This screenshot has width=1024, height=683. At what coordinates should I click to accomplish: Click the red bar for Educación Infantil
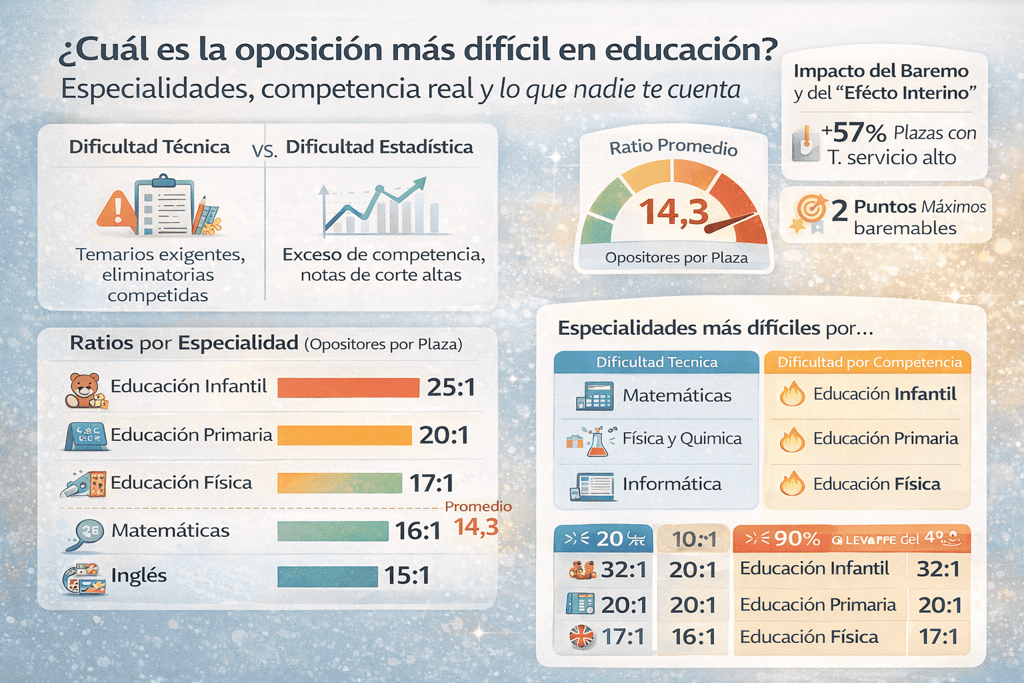pos(347,388)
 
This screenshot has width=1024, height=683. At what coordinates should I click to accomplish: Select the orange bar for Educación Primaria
pos(344,436)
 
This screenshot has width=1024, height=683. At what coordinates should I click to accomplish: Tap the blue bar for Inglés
pos(327,576)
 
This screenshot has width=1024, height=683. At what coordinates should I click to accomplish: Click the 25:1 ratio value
pos(451,388)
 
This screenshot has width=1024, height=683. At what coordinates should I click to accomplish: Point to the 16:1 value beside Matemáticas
pos(417,531)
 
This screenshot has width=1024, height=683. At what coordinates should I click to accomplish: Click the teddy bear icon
pos(85,390)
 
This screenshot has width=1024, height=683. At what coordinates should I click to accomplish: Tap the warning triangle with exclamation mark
pos(117,208)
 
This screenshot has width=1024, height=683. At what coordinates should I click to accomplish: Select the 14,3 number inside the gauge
pos(673,212)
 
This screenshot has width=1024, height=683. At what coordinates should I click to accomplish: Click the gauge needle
pos(730,223)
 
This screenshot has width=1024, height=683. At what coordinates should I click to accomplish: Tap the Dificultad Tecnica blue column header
pos(657,362)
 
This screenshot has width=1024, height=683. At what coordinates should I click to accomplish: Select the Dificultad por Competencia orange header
pos(869,362)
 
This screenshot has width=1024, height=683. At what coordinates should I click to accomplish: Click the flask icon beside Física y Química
pos(596,441)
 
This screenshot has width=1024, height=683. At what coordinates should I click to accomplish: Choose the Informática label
pos(671,484)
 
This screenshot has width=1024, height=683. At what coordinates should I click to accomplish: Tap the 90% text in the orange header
pos(797,538)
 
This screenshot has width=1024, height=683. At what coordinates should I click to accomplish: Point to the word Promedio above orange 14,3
pos(478,506)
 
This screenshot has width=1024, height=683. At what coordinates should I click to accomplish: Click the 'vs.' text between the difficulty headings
pos(265,151)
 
